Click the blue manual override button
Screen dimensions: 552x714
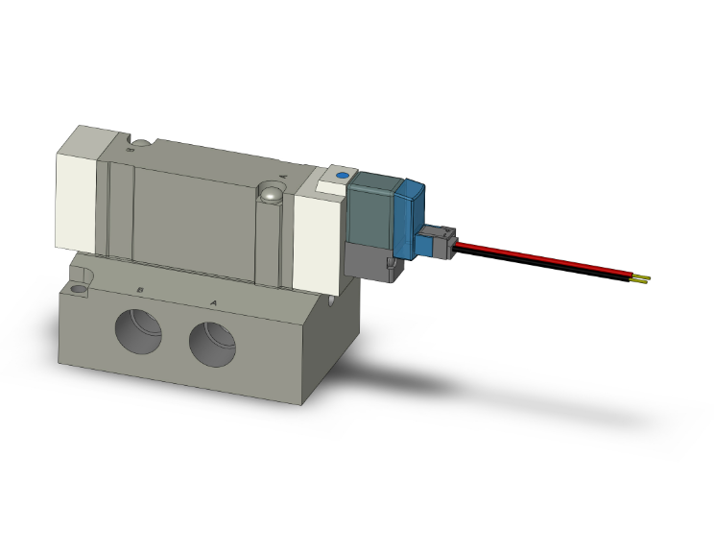340,177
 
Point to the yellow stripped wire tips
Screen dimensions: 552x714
642,279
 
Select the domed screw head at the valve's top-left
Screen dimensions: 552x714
140,146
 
